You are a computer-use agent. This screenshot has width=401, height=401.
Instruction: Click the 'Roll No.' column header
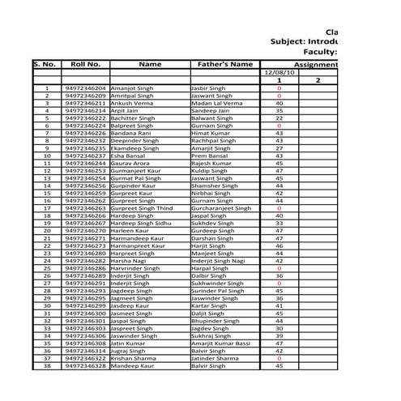pos(85,63)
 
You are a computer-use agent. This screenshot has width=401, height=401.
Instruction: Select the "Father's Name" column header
pos(225,63)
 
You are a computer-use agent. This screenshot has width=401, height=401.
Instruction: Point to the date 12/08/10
pos(279,72)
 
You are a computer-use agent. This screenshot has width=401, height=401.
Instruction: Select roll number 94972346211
pos(85,104)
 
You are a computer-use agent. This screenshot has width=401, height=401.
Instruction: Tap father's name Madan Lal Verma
pos(216,104)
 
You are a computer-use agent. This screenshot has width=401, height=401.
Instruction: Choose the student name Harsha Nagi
pos(129,261)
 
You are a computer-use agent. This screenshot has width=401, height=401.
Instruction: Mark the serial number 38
pos(47,366)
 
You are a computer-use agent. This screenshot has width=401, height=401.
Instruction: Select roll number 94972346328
pos(85,366)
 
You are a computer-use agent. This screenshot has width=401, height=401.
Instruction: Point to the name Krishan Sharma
pos(134,357)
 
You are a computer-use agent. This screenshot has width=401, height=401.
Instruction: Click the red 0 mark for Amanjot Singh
pos(279,87)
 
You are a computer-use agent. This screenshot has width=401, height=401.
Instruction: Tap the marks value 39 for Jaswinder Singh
pos(279,335)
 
